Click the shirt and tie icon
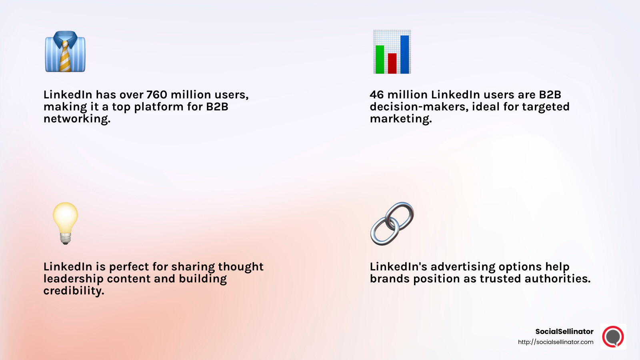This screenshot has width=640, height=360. point(65,52)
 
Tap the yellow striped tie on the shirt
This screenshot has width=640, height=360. point(65,58)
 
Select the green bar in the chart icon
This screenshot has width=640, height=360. point(380,60)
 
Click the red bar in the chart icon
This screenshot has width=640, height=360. point(392,64)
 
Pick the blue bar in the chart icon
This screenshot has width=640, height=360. point(404,54)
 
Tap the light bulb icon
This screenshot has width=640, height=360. point(65,222)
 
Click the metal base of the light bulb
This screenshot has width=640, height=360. point(65,239)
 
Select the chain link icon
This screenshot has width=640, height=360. point(392,224)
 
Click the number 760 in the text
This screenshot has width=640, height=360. point(157,95)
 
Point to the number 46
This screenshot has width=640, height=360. point(376,95)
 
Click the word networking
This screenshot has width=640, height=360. point(76,119)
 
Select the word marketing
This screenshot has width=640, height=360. point(400,119)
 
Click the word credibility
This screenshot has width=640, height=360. point(73,291)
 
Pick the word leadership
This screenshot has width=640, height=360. point(73,279)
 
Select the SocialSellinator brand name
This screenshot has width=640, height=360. point(564,331)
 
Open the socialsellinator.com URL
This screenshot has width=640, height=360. point(555,342)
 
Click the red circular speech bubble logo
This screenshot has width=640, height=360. point(613,336)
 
